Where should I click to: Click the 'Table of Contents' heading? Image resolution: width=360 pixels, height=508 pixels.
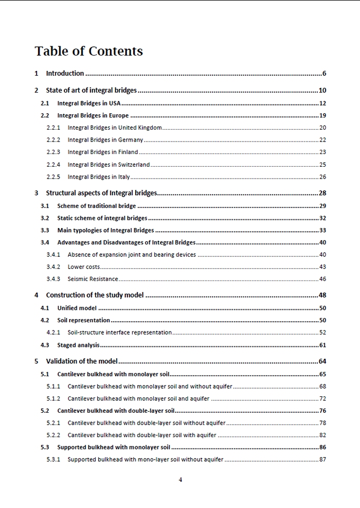88,51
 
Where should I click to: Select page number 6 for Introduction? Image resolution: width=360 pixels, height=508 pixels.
324,74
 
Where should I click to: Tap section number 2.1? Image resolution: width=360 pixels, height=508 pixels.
45,103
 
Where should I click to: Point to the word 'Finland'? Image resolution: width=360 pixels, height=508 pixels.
128,152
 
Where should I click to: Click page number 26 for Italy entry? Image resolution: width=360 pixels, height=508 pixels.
322,177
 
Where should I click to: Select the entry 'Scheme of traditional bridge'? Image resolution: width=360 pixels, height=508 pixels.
97,206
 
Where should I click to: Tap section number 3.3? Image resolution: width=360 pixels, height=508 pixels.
45,231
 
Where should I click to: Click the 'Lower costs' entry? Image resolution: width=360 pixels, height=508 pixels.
84,267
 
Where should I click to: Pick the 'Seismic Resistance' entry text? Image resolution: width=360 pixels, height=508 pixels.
93,279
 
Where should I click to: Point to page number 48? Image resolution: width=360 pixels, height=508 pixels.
322,295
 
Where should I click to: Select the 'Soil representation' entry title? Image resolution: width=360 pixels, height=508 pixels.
83,320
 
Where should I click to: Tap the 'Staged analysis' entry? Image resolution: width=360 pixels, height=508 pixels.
78,345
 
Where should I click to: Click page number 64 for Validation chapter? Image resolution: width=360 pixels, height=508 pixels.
322,361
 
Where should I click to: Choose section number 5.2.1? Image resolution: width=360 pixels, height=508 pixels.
53,423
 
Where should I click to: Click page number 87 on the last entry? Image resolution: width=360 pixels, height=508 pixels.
322,460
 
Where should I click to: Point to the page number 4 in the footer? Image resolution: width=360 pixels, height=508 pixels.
180,480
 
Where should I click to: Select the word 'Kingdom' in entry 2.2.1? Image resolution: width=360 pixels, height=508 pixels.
150,128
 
